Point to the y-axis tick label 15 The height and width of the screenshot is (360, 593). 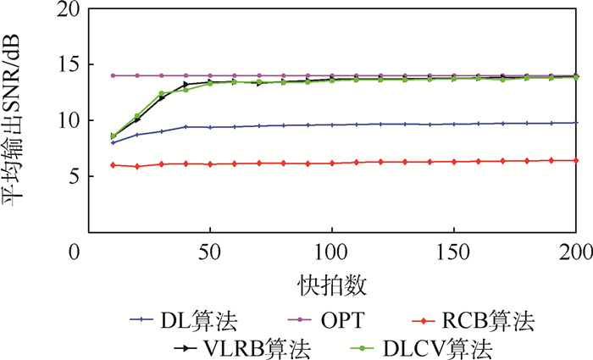click(x=62, y=65)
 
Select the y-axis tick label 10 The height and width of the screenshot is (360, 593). click(x=62, y=120)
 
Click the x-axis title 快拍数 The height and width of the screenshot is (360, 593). click(x=331, y=280)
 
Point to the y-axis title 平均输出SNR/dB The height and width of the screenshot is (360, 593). click(x=19, y=121)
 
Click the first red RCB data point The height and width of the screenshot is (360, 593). click(x=113, y=164)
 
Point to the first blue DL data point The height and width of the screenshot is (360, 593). click(x=113, y=142)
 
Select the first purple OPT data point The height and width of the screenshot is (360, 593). click(x=113, y=75)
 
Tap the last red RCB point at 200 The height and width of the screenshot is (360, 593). click(x=576, y=160)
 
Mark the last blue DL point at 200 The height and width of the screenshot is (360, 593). click(x=576, y=123)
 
